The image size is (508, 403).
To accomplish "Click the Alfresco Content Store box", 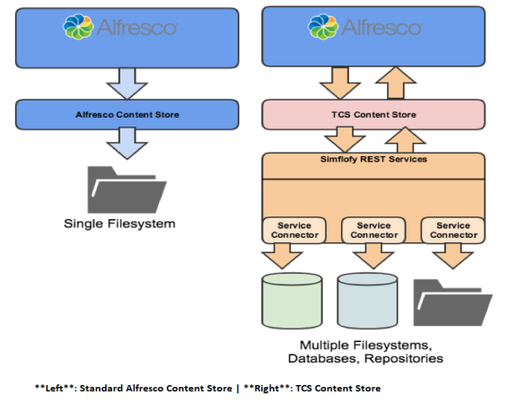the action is (127, 115).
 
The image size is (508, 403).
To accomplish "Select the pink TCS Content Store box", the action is (373, 115).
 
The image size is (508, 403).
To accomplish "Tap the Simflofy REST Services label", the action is (373, 159).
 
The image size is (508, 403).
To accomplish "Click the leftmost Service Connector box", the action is (294, 230).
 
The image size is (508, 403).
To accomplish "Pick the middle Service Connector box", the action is (373, 230).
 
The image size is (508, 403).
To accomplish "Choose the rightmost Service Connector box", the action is (453, 230).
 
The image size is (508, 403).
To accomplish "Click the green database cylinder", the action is (292, 301).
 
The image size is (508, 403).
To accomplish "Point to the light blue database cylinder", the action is (367, 301).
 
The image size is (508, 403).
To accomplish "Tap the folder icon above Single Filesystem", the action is (127, 190).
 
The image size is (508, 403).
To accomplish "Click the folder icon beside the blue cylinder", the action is (453, 302).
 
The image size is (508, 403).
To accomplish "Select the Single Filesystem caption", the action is (119, 223).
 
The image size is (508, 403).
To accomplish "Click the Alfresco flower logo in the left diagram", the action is (78, 27).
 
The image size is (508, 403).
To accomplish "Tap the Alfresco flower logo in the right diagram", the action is (323, 27).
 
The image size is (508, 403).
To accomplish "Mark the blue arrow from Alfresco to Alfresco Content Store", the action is (127, 83).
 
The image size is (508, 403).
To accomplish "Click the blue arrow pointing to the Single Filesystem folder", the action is (127, 144).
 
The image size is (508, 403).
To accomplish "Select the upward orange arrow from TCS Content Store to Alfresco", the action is (396, 83).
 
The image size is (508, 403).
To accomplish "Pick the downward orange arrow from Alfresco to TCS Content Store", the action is (340, 83).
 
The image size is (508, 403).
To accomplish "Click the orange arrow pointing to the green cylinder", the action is (282, 256).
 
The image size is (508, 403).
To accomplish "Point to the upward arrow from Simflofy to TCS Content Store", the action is (405, 140).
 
